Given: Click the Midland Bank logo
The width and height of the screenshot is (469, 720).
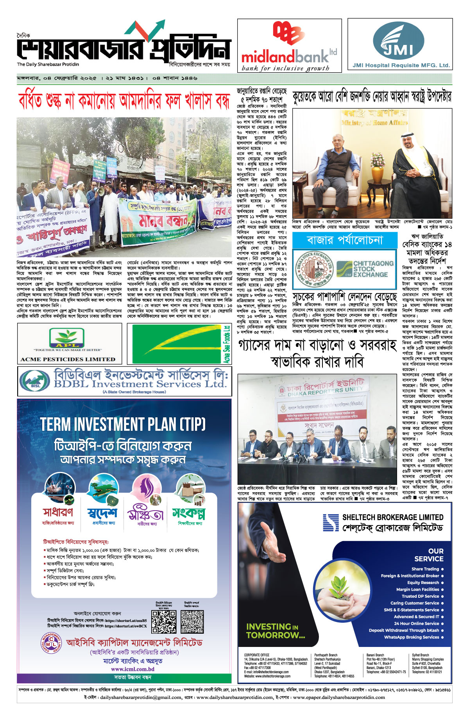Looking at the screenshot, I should tap(289, 45).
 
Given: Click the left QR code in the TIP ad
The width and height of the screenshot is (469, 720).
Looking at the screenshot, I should tap(164, 622).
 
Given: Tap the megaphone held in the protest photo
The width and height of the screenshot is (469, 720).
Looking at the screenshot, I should tap(100, 191).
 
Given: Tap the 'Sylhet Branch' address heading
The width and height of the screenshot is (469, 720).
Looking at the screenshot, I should tap(420, 655).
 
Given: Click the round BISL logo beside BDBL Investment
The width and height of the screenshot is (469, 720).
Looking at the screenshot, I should tap(35, 380).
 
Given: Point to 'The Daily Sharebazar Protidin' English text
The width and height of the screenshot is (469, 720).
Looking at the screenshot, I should tap(48, 64).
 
